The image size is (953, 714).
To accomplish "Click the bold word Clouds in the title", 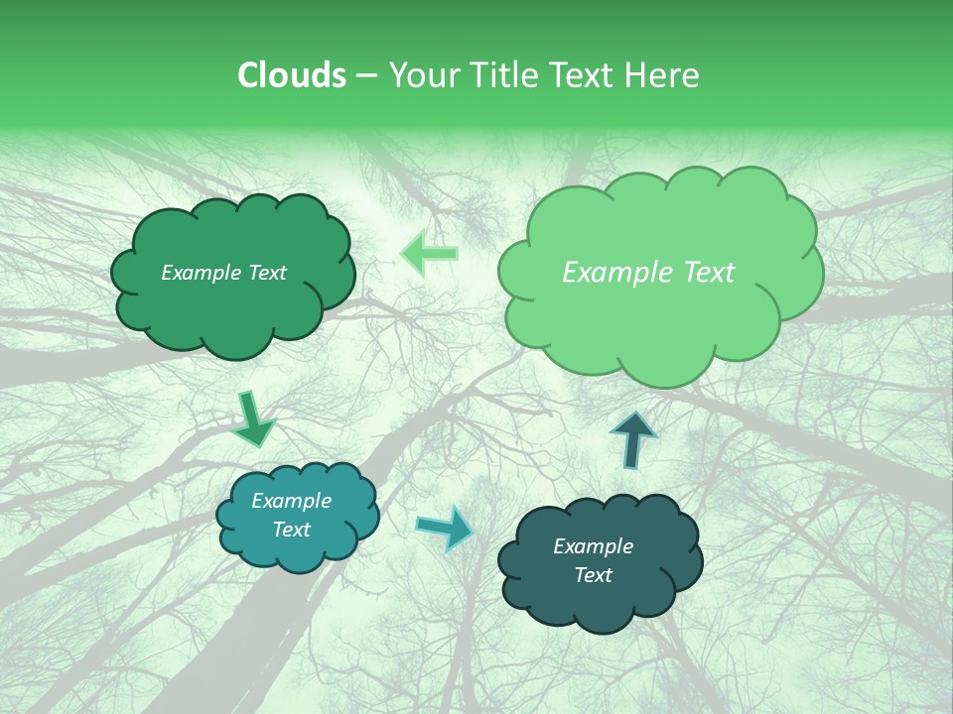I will click(292, 75).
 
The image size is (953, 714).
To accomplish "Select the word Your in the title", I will click(422, 75).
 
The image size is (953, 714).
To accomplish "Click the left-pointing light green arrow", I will click(429, 254).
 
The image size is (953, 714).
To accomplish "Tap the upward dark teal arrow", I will click(633, 439).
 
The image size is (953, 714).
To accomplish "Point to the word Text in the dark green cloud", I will click(266, 273).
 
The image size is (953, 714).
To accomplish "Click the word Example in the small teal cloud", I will click(291, 502).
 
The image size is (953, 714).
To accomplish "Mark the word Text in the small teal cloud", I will click(291, 530).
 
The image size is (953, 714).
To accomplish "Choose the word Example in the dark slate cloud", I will click(593, 546).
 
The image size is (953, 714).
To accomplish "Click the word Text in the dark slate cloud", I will click(593, 575).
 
